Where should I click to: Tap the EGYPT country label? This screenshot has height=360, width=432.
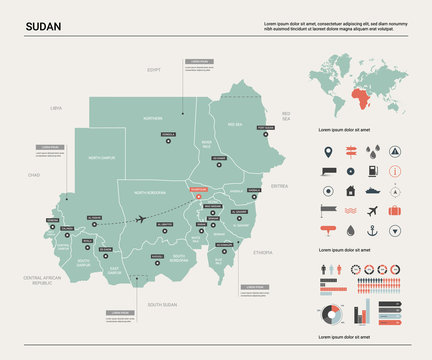(154, 70)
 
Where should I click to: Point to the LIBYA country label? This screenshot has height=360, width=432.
(56, 107)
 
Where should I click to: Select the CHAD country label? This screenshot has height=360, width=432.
(34, 174)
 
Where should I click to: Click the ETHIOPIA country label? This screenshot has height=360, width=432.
(263, 253)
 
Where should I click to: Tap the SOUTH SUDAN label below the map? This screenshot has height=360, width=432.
(162, 303)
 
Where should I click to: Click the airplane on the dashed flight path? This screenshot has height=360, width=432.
(141, 219)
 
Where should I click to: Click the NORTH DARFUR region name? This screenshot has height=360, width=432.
(102, 158)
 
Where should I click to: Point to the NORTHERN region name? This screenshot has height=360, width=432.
(152, 118)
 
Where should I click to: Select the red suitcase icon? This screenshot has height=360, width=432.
(394, 211)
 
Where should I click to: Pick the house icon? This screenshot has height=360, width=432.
(350, 191)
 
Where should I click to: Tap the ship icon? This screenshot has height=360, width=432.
(372, 191)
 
